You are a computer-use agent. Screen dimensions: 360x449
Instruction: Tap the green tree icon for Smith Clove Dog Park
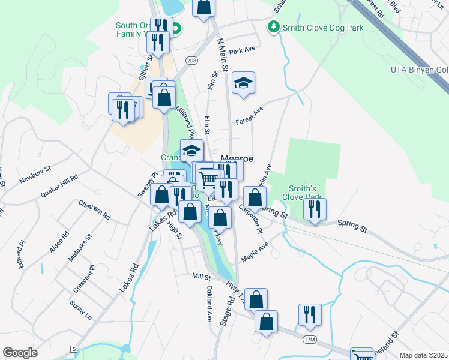(x=274, y=26)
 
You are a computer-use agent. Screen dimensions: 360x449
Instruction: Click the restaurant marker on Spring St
(x=314, y=210)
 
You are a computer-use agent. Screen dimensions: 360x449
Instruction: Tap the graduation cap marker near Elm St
(x=243, y=85)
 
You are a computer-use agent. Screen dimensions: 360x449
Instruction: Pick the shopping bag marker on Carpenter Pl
(x=255, y=198)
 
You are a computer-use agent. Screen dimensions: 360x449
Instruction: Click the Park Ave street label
(x=243, y=52)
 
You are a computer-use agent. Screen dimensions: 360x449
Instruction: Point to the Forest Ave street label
(x=250, y=115)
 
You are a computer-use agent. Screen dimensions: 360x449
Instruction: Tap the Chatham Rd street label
(x=95, y=209)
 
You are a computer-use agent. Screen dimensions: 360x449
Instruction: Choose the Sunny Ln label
(x=80, y=310)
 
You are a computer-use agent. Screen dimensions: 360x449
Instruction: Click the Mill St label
(x=201, y=277)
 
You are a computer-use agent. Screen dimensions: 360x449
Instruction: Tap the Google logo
(x=20, y=353)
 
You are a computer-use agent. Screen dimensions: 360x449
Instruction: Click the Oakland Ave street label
(x=209, y=304)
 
